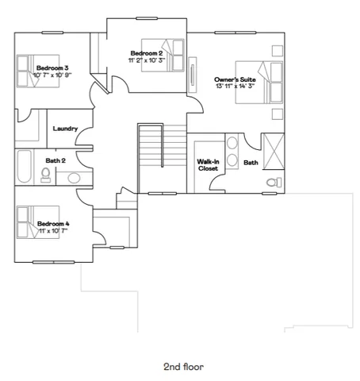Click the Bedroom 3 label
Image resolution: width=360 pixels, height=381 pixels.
pyautogui.click(x=51, y=68)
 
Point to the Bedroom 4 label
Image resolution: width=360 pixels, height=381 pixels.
pyautogui.click(x=53, y=224)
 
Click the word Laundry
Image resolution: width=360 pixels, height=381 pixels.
pyautogui.click(x=64, y=129)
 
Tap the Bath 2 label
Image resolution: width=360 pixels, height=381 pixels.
pyautogui.click(x=56, y=161)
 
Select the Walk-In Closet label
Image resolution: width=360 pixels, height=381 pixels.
pyautogui.click(x=208, y=164)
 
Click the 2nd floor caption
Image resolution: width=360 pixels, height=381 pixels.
pyautogui.click(x=183, y=368)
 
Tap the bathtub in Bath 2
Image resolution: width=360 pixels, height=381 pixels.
pyautogui.click(x=23, y=166)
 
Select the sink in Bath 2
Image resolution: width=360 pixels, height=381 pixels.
pyautogui.click(x=74, y=178)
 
